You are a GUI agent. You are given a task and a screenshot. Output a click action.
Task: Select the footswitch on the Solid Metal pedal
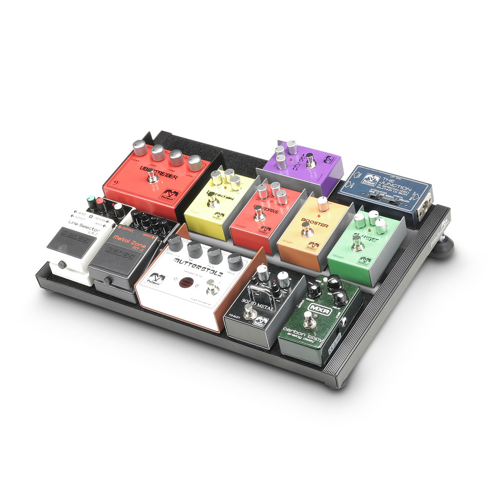point(249,312)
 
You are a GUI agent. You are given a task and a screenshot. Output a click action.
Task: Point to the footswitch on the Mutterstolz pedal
point(212,287)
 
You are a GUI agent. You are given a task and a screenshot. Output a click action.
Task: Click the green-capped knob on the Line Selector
point(89,201)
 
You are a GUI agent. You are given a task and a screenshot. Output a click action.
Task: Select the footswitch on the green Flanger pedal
point(358,242)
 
